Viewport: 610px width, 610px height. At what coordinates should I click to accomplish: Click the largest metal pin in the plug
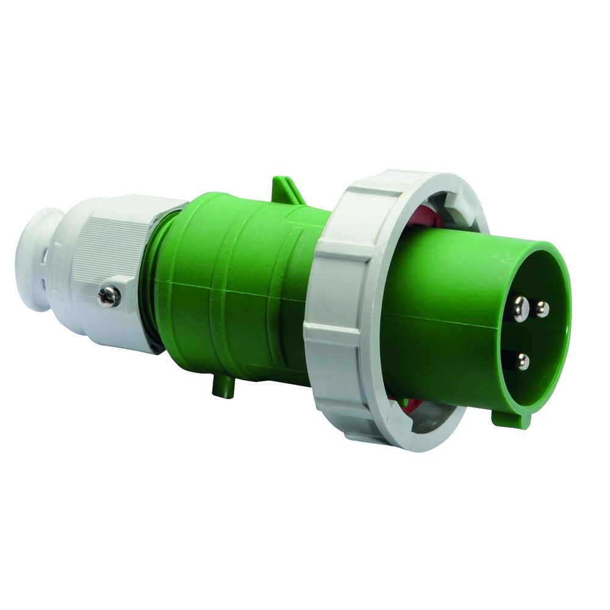[x=520, y=309]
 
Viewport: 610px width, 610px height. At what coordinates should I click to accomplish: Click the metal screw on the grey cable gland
[x=109, y=296]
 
